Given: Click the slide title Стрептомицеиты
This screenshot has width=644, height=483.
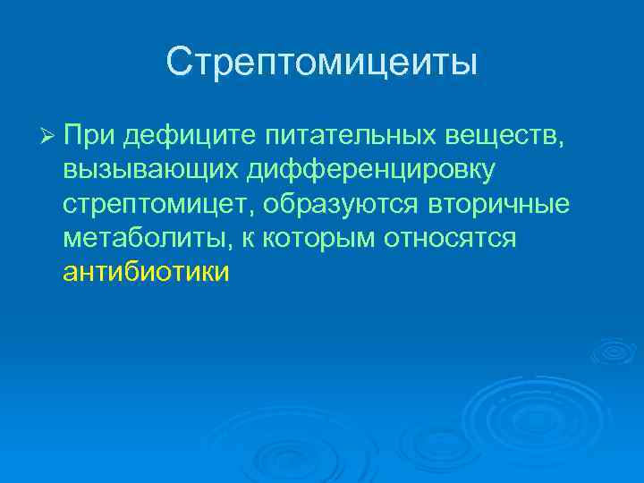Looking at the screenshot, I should pos(322,63).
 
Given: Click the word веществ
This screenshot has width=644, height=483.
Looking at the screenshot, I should pos(504,135).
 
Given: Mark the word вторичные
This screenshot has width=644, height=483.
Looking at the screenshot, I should pos(499,204).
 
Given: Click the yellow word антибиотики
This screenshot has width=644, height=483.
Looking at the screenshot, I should pos(146,272).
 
